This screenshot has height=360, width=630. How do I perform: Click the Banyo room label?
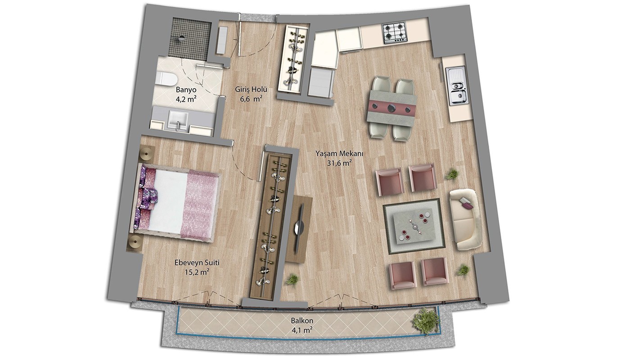click(186, 90)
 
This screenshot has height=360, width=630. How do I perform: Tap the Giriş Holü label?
click(251, 90)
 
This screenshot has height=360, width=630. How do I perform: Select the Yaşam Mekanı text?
click(339, 154)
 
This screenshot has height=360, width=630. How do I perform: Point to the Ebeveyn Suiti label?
click(197, 263)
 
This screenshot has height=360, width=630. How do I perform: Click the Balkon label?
click(302, 320)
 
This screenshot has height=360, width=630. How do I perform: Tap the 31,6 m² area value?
click(339, 163)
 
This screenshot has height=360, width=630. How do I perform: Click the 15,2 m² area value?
click(197, 272)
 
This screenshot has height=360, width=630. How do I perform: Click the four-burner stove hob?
click(395, 33)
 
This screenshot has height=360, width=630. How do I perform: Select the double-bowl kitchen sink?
click(457, 86)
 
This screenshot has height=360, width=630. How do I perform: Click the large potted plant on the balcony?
click(425, 321)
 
